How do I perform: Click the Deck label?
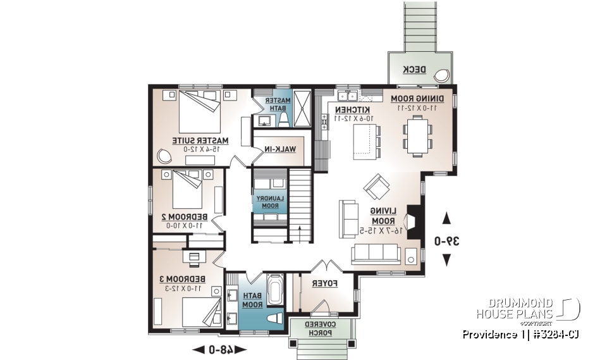tap(414, 70)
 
